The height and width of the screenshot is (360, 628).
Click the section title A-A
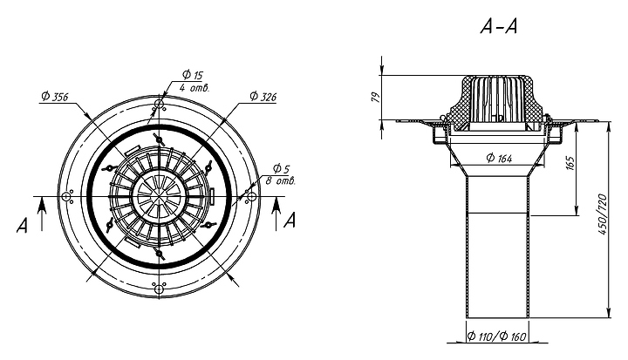point(501,27)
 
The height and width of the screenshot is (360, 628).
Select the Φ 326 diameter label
point(262,96)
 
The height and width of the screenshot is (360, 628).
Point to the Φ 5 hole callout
point(281,166)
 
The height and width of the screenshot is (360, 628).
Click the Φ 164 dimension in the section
point(499,159)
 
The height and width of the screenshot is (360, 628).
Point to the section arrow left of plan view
point(41,206)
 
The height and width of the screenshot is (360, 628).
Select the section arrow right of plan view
point(276,206)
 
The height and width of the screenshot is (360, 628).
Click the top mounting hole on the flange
point(159,105)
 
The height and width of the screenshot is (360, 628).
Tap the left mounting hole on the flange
point(66,198)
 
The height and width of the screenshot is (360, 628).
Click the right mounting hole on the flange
point(251,198)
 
